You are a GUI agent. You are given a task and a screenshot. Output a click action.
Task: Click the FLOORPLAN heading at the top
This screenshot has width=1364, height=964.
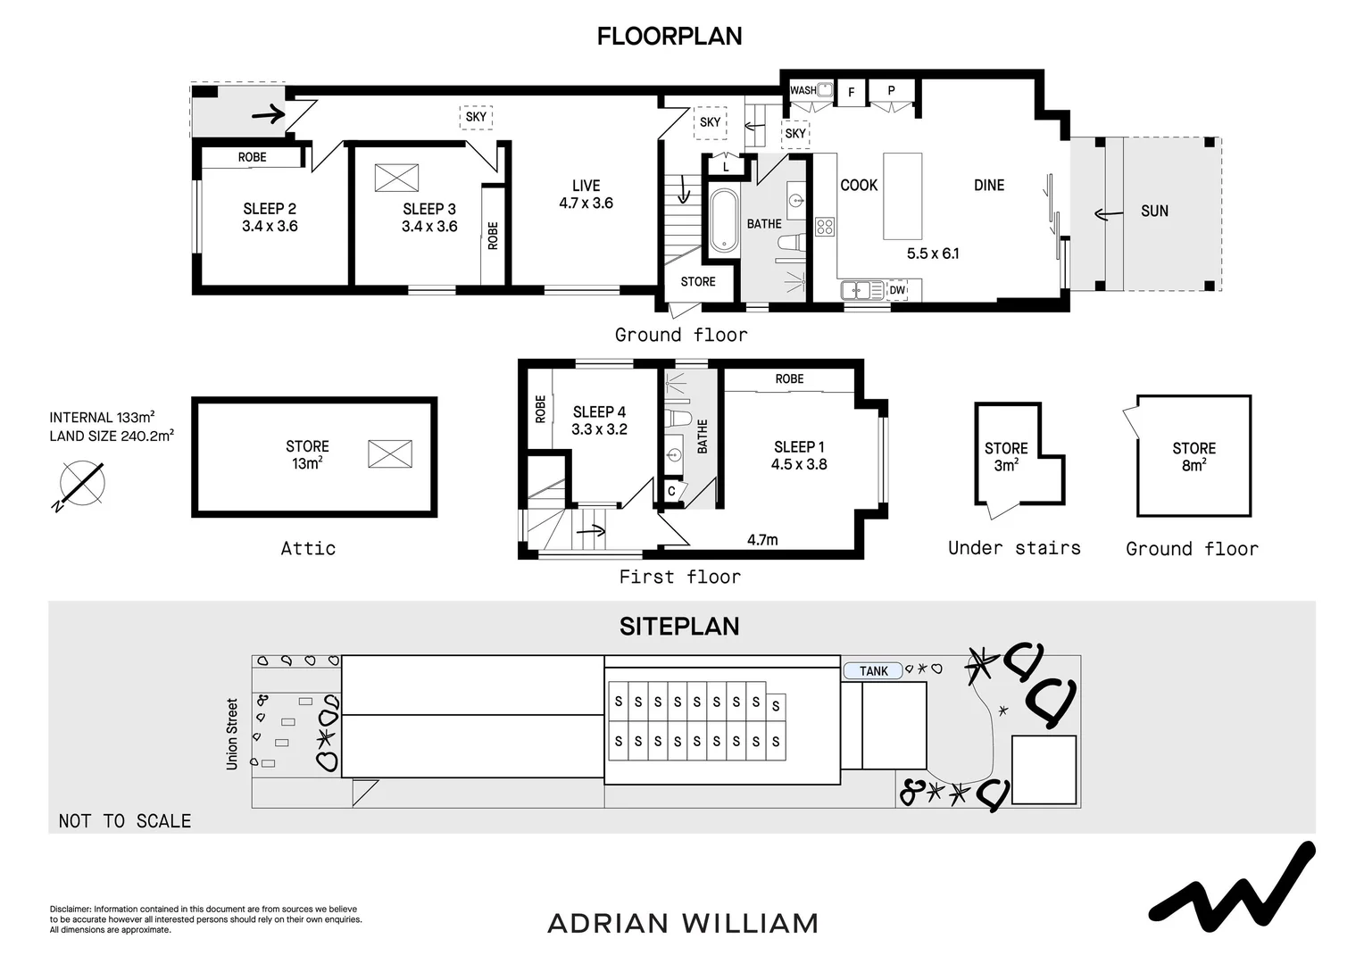(670, 37)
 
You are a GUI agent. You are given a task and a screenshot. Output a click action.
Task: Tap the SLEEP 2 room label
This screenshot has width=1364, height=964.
(270, 209)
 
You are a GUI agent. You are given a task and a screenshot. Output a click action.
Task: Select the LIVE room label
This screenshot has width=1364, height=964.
(586, 186)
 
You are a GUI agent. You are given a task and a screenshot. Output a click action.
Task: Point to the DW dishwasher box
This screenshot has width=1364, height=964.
(897, 290)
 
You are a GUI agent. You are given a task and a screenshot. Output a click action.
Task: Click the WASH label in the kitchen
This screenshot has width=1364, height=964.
(803, 90)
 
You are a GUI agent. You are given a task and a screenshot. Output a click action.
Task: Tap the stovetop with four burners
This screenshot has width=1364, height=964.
(825, 227)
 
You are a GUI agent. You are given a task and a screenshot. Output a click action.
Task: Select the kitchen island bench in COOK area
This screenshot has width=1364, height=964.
(902, 195)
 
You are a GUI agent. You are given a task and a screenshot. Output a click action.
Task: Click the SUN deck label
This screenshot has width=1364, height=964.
(1154, 212)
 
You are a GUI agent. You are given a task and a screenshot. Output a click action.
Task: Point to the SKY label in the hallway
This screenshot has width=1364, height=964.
(476, 117)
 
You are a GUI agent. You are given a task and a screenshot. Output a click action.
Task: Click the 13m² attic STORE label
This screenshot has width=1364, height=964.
(307, 454)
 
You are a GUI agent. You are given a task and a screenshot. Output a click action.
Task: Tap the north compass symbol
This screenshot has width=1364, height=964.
(81, 485)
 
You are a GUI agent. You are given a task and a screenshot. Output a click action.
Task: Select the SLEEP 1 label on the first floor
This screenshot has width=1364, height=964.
(799, 447)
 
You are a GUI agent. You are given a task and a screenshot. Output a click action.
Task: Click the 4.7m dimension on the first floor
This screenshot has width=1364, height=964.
(762, 540)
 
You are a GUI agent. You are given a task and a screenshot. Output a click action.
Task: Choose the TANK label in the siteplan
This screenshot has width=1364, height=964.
(874, 671)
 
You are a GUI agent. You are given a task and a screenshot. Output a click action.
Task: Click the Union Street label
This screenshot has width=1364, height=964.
(233, 734)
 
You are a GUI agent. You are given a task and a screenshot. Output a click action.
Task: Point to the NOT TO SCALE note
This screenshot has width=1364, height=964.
(125, 821)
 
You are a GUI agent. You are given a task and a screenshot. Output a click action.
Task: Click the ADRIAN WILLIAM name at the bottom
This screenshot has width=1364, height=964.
(682, 923)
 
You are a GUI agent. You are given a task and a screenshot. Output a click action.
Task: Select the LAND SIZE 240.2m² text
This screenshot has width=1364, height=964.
(112, 436)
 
